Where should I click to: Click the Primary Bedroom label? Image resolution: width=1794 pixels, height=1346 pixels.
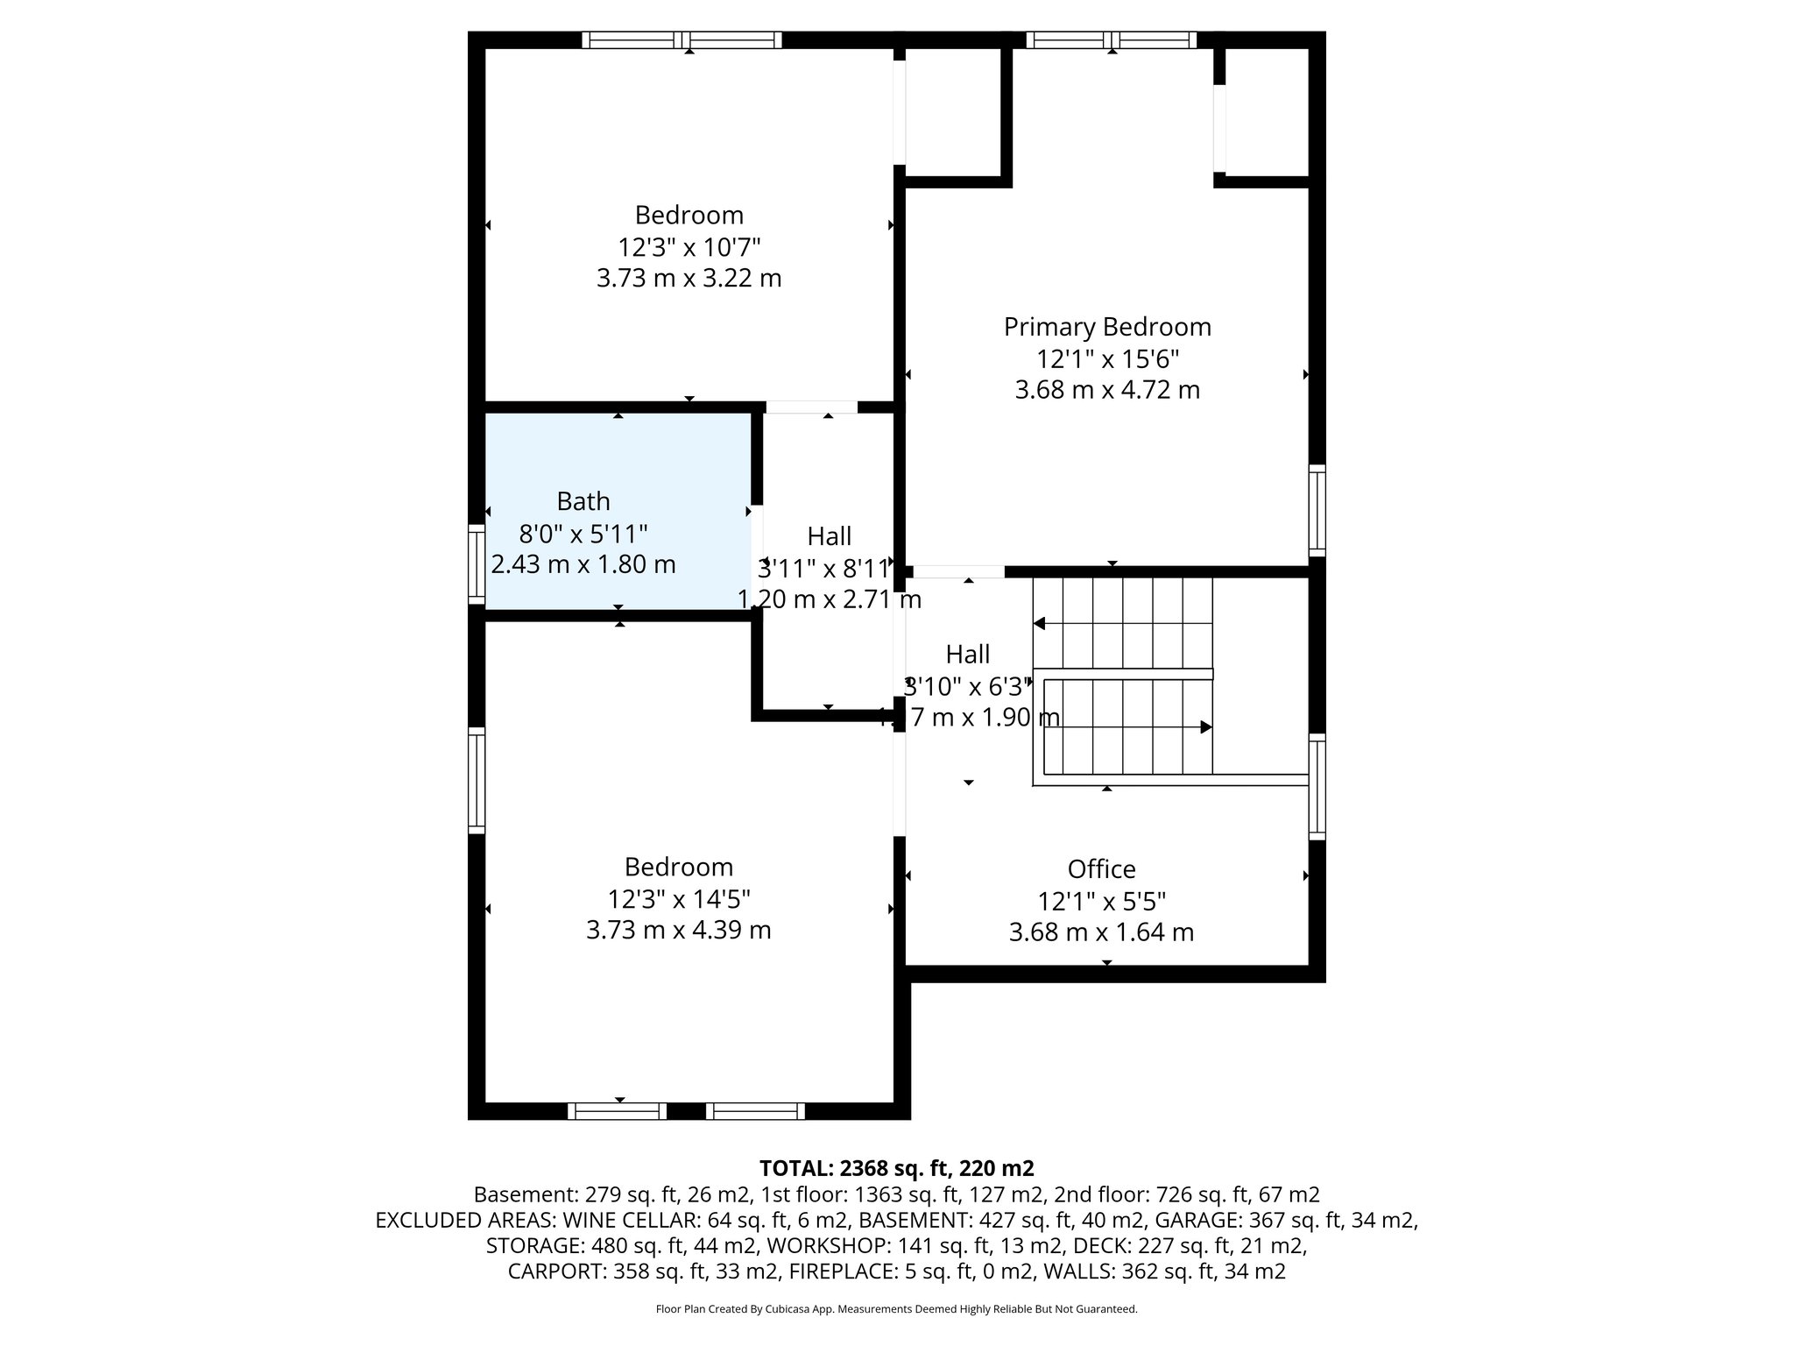tap(1107, 327)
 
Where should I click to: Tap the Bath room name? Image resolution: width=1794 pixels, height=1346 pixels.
tap(583, 501)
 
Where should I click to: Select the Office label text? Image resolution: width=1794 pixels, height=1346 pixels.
tap(1101, 869)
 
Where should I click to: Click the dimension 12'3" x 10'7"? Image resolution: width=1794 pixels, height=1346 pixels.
tap(689, 247)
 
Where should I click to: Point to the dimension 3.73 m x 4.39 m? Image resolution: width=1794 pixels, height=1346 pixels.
tap(678, 930)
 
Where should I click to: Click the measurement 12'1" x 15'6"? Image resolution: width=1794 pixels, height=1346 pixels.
tap(1107, 358)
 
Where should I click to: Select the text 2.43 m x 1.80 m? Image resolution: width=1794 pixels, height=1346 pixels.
tap(583, 564)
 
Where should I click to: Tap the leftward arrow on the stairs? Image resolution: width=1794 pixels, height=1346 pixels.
tap(1041, 624)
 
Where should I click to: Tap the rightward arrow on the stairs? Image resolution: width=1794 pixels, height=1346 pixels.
tap(1205, 727)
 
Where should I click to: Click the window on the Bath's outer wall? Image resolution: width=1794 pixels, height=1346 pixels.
tap(476, 564)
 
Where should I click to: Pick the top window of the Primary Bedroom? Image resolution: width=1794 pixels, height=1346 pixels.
tap(1111, 39)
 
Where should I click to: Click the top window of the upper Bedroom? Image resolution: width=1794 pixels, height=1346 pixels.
tap(682, 39)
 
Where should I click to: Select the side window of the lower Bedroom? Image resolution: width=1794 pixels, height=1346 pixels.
tap(476, 781)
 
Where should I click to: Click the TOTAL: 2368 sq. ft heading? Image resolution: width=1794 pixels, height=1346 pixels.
tap(896, 1168)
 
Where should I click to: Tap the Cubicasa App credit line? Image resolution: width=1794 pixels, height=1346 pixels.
tap(896, 1309)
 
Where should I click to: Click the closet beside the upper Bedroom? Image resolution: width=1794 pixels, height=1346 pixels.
tap(953, 110)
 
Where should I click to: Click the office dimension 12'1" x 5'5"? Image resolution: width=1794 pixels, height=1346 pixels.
tap(1101, 901)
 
